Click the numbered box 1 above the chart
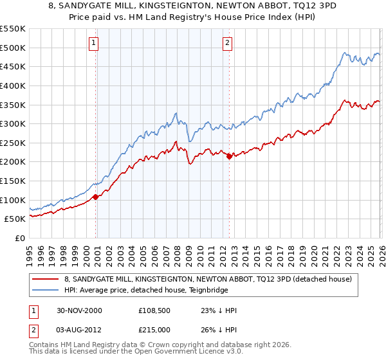[94, 43]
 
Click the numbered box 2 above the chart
[227, 43]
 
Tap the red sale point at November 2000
[96, 197]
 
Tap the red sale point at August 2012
[229, 156]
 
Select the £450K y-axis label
[13, 66]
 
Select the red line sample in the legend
[45, 279]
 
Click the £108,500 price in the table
[154, 310]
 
